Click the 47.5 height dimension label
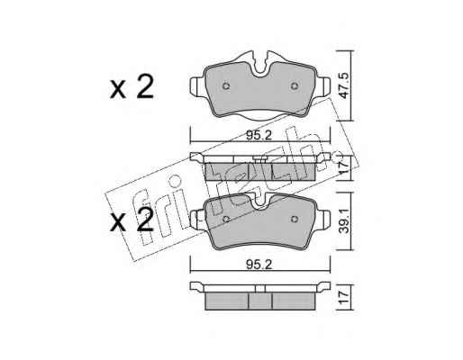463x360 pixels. click(x=343, y=85)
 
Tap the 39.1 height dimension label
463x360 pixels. click(x=343, y=221)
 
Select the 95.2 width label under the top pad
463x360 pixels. click(x=259, y=136)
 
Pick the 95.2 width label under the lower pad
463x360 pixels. click(x=259, y=265)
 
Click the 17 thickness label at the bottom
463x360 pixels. click(x=343, y=297)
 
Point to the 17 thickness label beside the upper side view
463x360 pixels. click(x=343, y=168)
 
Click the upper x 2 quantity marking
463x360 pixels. click(x=132, y=87)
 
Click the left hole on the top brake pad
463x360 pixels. click(x=226, y=86)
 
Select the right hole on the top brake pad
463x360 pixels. click(x=295, y=86)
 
